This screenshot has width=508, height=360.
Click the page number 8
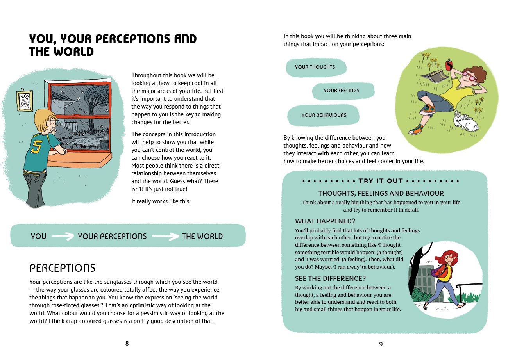pyautogui.click(x=127, y=344)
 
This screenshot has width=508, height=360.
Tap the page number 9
pyautogui.click(x=381, y=344)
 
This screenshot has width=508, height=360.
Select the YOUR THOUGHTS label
pyautogui.click(x=315, y=67)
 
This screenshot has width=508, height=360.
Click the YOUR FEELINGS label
pyautogui.click(x=341, y=91)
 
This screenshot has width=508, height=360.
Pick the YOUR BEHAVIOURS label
pyautogui.click(x=324, y=115)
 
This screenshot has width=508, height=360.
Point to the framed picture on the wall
pyautogui.click(x=25, y=101)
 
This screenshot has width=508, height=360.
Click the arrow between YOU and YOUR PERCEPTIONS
pyautogui.click(x=63, y=236)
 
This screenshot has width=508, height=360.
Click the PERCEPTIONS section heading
pyautogui.click(x=63, y=268)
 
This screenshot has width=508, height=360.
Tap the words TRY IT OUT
pyautogui.click(x=381, y=181)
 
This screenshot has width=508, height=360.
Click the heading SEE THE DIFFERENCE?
pyautogui.click(x=330, y=278)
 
